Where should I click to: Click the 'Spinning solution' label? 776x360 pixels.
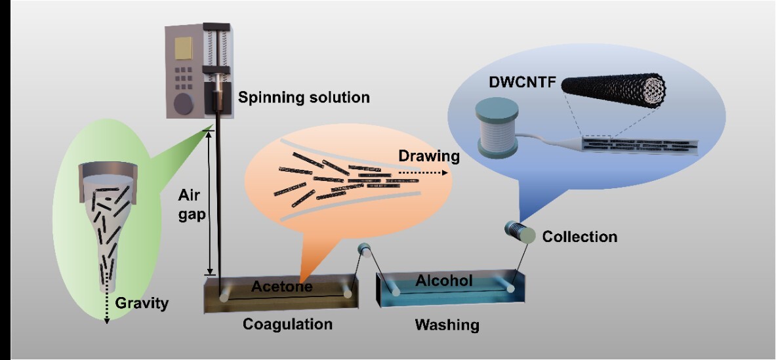pos(303,97)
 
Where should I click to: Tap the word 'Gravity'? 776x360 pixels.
pos(142,303)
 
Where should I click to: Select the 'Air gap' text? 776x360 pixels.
pos(190,205)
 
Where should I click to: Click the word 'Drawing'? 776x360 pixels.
pos(428,157)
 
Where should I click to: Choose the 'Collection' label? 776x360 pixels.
pos(579,237)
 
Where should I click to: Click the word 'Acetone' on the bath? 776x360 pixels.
pos(281,286)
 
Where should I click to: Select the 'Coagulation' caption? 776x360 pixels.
pos(287,325)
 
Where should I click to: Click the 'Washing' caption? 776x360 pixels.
pos(447,325)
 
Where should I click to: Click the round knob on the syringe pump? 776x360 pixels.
pos(184,104)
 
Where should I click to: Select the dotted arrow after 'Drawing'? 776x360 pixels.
pos(422,173)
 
